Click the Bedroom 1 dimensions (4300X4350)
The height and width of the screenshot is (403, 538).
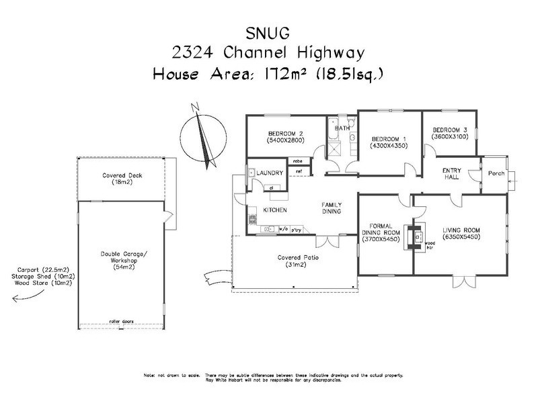389,144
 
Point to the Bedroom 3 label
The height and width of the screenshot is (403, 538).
449,130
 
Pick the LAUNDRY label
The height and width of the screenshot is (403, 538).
269,173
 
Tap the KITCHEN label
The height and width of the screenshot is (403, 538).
275,210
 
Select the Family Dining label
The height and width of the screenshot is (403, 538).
332,208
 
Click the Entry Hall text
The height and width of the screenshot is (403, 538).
451,175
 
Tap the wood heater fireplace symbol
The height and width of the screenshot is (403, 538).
418,235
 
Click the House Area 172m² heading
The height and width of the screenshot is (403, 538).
269,73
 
